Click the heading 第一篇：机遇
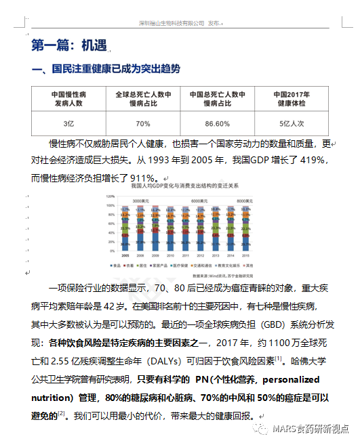(x=69, y=45)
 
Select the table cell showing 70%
(x=142, y=124)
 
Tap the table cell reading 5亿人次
(x=292, y=124)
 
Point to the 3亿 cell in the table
(x=68, y=124)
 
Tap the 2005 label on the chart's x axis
(x=125, y=255)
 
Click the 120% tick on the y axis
(x=109, y=196)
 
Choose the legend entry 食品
(x=121, y=265)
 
